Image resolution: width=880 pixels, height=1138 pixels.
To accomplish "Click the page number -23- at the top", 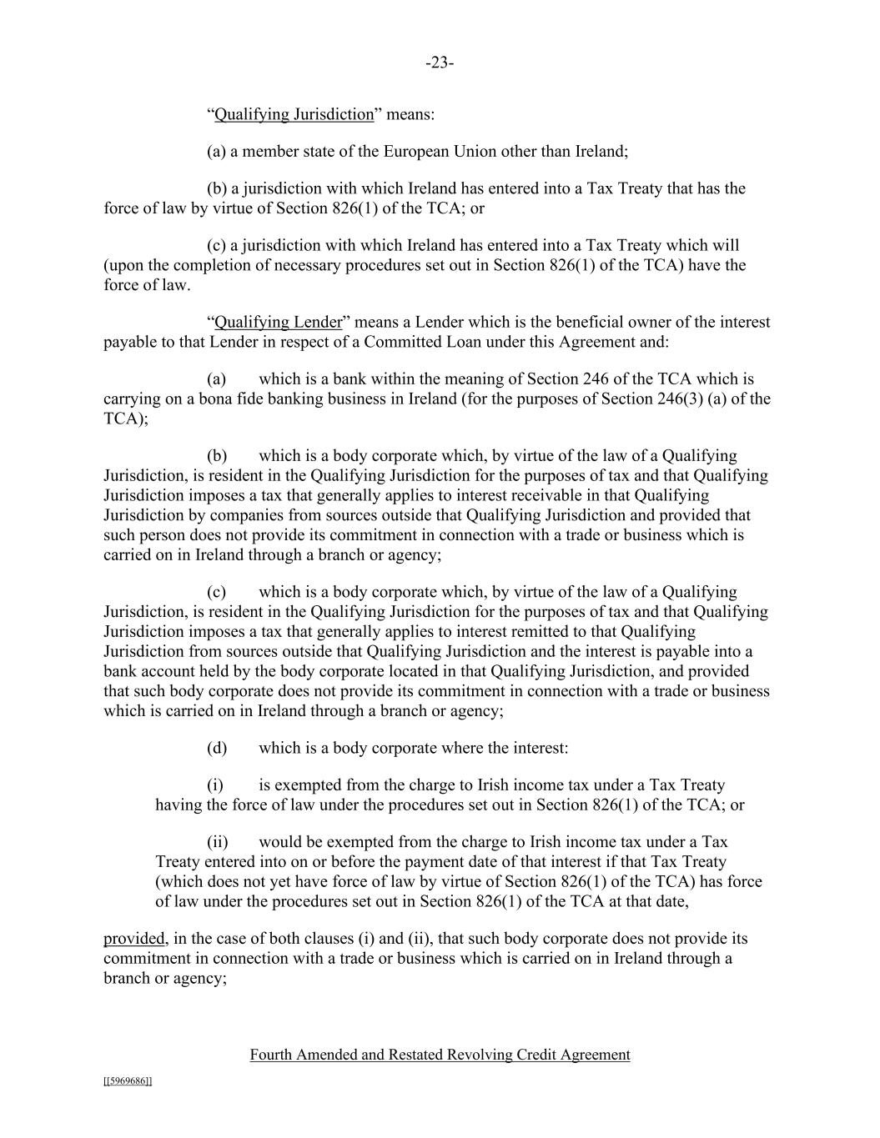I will pos(440,63).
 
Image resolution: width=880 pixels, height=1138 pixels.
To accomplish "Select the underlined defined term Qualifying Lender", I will pos(279,322).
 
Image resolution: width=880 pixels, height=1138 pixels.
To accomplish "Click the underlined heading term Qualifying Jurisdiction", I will pos(294,114).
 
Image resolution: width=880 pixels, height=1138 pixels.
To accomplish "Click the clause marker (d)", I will pos(217,748).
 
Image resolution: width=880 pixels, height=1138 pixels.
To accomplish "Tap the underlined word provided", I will pos(134,939).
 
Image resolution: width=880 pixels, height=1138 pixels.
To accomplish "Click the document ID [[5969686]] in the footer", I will pos(128,1081).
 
